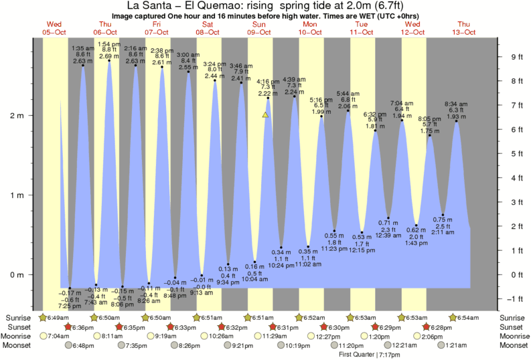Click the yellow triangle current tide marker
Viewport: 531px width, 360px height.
click(266, 115)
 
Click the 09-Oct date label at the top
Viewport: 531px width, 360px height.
click(258, 32)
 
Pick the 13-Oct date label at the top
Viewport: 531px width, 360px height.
click(463, 32)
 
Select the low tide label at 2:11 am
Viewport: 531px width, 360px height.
click(443, 232)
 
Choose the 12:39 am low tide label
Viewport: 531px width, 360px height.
click(388, 236)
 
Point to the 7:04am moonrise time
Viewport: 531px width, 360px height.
click(59, 336)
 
